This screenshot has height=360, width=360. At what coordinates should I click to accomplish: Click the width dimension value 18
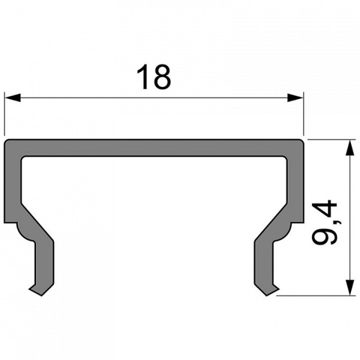[154, 78]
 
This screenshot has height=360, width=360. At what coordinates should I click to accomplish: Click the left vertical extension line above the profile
[5, 114]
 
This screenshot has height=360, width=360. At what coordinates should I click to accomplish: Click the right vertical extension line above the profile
[304, 114]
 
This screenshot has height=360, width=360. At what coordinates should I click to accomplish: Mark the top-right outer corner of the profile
[302, 142]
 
